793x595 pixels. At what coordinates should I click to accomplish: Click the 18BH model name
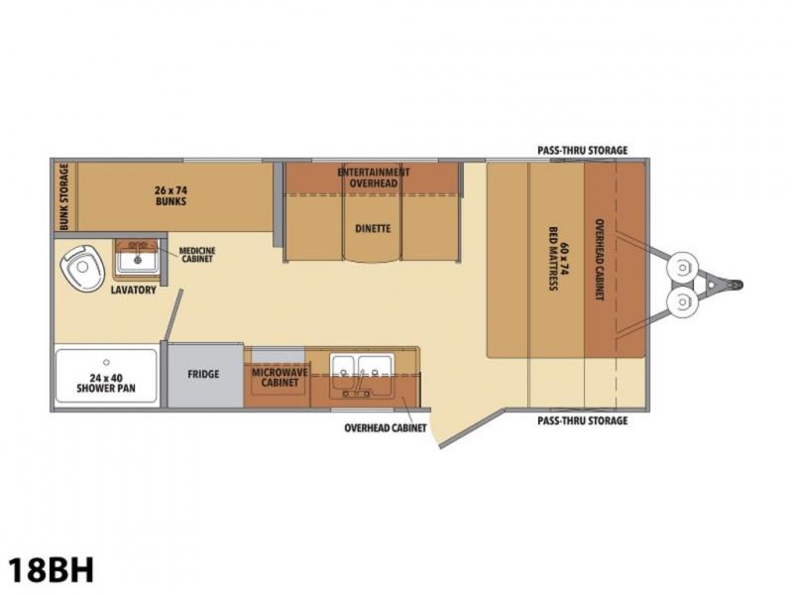tap(52, 569)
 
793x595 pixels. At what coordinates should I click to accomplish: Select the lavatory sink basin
tap(138, 261)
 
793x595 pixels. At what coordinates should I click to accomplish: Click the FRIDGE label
tap(203, 375)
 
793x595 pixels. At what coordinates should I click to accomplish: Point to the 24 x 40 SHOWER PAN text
tap(106, 383)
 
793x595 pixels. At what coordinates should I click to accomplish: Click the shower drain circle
tap(106, 362)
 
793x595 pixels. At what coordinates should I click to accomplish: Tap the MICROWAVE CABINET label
tap(280, 378)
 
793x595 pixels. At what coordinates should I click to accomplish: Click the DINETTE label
tap(373, 229)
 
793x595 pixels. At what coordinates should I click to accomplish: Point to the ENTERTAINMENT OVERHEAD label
tap(374, 178)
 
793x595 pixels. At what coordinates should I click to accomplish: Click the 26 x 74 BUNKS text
tap(170, 195)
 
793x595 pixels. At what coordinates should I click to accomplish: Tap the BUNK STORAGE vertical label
tap(64, 196)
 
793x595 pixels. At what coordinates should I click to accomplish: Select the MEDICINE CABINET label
tap(196, 255)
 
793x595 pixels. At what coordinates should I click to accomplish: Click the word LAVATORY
tap(134, 290)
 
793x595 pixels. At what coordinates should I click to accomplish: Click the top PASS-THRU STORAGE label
tap(582, 151)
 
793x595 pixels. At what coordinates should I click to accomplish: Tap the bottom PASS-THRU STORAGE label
tap(582, 420)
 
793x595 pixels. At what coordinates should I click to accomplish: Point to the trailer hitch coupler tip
tap(739, 285)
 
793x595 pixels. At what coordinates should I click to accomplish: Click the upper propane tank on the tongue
tap(683, 267)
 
